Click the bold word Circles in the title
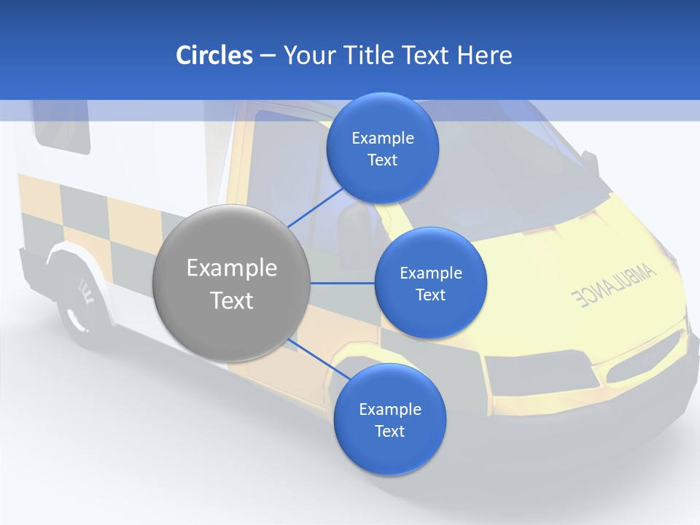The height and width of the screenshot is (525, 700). [x=214, y=55]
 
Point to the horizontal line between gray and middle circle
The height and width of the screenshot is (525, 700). [x=343, y=283]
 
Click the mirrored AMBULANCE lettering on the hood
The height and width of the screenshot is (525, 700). [x=614, y=286]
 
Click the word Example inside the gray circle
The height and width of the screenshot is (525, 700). [x=232, y=268]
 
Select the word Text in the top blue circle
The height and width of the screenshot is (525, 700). [x=382, y=160]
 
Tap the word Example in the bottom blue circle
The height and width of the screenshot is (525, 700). [x=389, y=409]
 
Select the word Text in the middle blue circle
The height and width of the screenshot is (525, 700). [x=430, y=295]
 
